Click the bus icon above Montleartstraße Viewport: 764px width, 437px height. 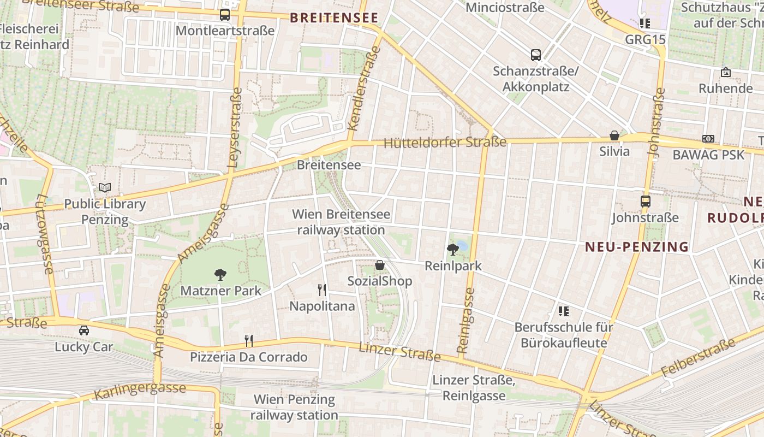[225, 15]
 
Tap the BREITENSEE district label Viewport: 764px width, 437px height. [334, 18]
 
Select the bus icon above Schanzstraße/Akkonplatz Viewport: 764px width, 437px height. [536, 55]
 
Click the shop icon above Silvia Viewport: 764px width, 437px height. [614, 135]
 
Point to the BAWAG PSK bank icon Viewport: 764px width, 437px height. [708, 139]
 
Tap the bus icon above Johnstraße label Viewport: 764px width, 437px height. [646, 201]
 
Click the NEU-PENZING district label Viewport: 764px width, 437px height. [637, 247]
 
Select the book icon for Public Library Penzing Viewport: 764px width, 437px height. [105, 188]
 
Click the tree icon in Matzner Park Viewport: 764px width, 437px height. [220, 274]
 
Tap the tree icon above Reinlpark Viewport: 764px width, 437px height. [452, 250]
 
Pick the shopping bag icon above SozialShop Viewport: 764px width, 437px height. [380, 265]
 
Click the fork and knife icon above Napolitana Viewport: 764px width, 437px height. [322, 290]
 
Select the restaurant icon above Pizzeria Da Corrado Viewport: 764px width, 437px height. [249, 341]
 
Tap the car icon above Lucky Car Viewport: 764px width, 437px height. [84, 330]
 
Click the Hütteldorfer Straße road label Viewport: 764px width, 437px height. [445, 143]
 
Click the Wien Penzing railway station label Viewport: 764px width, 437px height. [295, 407]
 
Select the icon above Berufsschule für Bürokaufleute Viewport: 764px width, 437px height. [564, 311]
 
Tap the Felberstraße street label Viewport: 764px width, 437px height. [699, 358]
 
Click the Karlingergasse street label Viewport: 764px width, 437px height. [140, 392]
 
